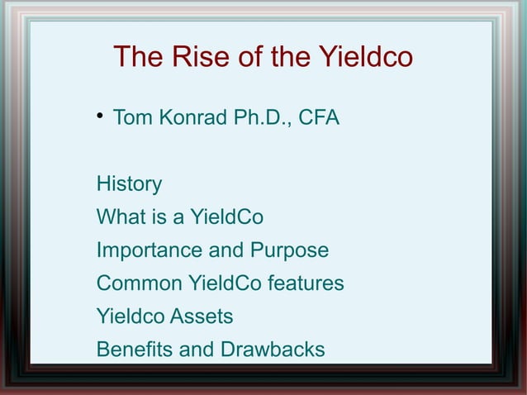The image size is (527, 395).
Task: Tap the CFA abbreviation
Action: tap(318, 117)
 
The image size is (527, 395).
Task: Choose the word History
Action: tap(129, 183)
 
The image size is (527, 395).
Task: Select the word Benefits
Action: tap(135, 350)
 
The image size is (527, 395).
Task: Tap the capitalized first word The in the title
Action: tap(138, 58)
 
